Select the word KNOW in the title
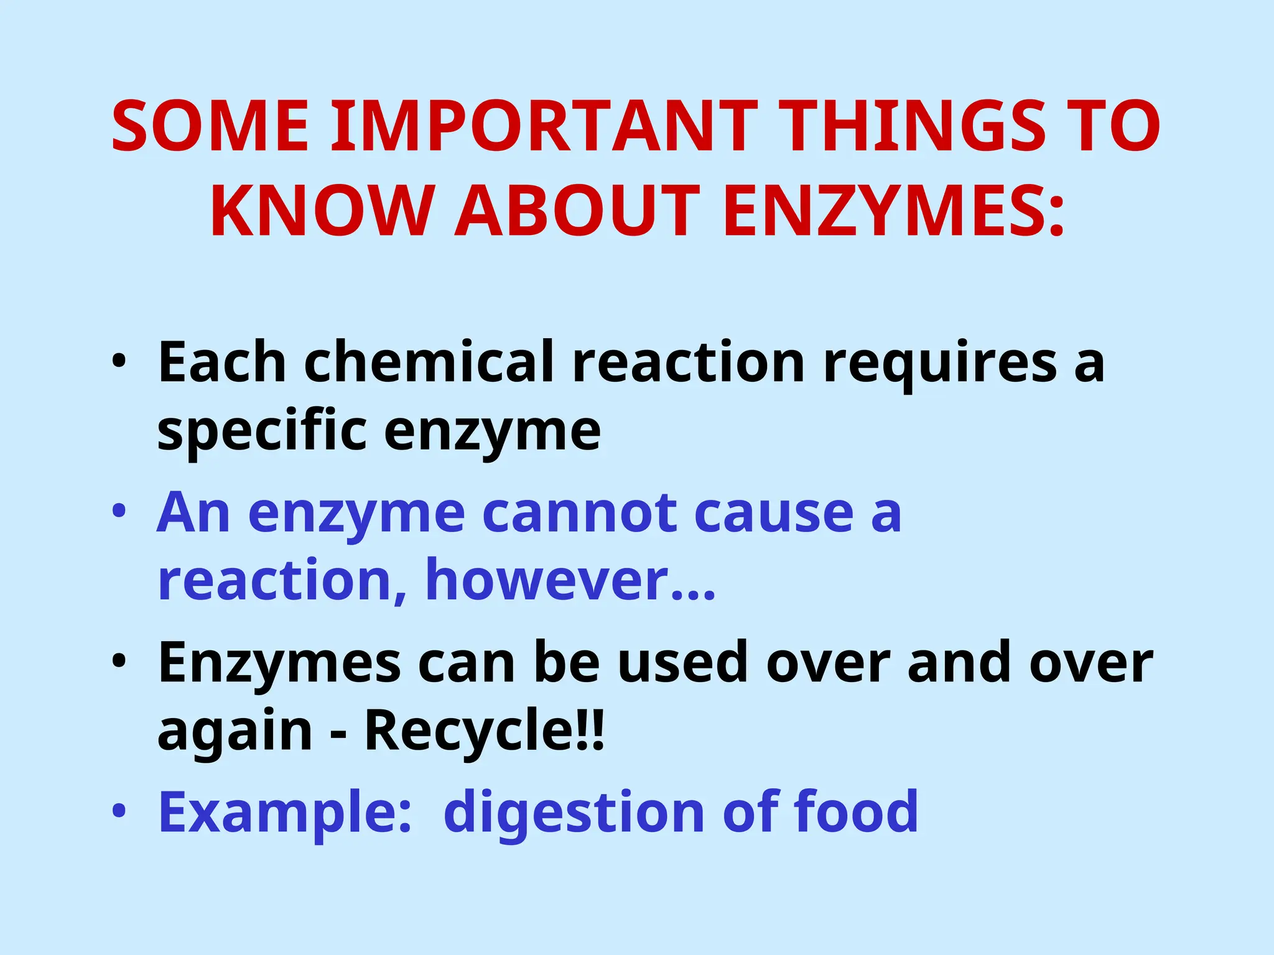[x=321, y=211]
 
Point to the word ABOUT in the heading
[x=578, y=211]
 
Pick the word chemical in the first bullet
[x=429, y=362]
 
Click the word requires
[x=939, y=362]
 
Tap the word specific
[x=262, y=431]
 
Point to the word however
[x=547, y=581]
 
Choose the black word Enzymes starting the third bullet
[x=279, y=663]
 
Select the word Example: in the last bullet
[x=285, y=813]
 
